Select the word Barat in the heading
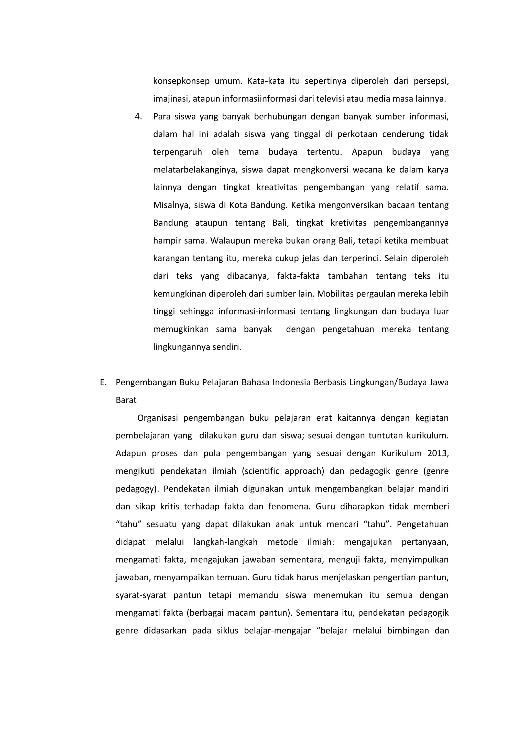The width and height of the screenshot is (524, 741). coord(126,400)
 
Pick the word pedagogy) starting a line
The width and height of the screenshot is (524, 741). coord(137,489)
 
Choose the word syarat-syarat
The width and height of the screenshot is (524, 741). coord(141,595)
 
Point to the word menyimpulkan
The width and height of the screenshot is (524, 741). coord(419,560)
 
